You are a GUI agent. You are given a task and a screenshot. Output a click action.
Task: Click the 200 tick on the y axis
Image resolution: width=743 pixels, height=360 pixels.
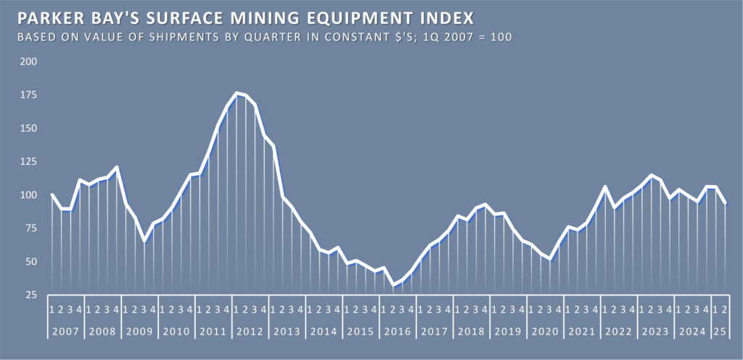(x=29, y=62)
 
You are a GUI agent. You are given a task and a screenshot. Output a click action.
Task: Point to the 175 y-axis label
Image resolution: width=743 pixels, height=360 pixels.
(x=29, y=95)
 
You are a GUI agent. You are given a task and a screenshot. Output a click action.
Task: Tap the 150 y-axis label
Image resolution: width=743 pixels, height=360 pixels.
(x=29, y=128)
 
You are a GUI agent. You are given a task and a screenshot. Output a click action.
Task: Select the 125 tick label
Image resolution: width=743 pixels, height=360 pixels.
(x=29, y=162)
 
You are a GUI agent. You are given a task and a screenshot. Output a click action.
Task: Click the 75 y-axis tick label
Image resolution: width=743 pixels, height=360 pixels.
(x=30, y=229)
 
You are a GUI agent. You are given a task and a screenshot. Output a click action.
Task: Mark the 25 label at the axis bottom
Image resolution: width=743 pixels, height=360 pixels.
(x=30, y=295)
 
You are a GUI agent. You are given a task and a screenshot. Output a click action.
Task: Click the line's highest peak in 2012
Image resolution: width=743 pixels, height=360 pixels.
(x=237, y=93)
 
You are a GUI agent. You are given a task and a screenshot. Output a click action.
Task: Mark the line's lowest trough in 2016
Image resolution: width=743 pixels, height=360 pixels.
(x=393, y=285)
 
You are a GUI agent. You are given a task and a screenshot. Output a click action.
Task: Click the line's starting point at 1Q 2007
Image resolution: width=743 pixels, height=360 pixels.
(x=52, y=195)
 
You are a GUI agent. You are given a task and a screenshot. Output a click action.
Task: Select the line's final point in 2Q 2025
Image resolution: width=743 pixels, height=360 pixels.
(x=726, y=204)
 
